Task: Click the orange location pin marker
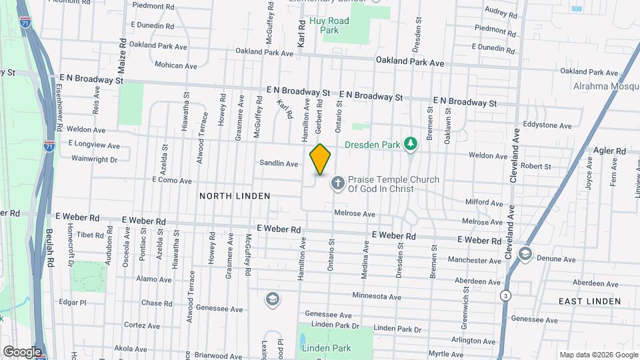[x=321, y=159]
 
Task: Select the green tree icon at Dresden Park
[x=412, y=143]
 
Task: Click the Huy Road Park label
[x=329, y=25]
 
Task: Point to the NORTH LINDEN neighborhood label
[x=235, y=196]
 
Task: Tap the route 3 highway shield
[x=507, y=295]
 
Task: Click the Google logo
[x=21, y=352]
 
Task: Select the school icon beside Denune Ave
[x=525, y=254]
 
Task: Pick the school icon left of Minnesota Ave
[x=272, y=299]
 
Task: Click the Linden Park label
[x=326, y=348]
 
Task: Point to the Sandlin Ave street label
[x=279, y=163]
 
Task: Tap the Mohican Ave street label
[x=176, y=66]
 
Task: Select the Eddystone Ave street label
[x=547, y=125]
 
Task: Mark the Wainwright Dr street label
[x=94, y=159]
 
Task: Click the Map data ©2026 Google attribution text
[x=598, y=355]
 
